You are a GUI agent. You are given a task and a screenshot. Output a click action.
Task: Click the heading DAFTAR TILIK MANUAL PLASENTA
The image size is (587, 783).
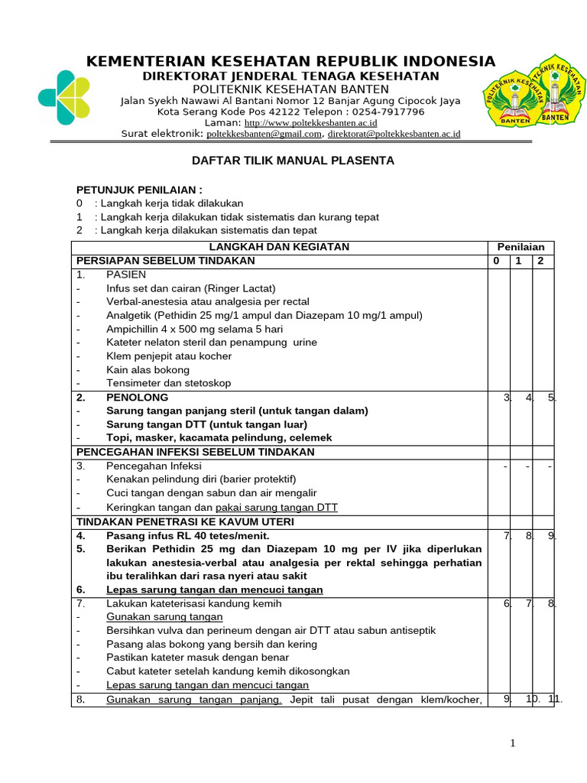coord(292,161)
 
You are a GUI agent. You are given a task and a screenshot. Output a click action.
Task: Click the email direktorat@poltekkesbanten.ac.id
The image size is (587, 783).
coord(394,134)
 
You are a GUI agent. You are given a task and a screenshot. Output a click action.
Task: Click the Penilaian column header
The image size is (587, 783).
coord(521,246)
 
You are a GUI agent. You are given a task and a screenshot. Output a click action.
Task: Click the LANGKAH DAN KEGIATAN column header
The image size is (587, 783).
coord(279,246)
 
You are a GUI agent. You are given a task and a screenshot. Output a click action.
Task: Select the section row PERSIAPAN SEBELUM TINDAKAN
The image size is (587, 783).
coord(165,260)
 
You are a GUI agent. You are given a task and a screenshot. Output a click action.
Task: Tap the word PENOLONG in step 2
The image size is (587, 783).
coord(138,398)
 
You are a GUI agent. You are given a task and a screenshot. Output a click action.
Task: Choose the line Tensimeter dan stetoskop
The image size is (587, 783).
coord(168,383)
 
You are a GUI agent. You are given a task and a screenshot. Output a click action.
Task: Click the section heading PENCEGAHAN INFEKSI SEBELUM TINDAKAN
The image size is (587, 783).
coord(195,452)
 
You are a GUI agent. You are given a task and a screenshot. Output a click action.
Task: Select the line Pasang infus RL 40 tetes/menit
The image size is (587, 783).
coord(187,535)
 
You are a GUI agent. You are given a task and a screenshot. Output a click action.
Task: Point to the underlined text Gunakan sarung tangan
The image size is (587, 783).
coord(164,616)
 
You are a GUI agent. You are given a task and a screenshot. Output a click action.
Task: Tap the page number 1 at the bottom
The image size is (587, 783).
coord(514,743)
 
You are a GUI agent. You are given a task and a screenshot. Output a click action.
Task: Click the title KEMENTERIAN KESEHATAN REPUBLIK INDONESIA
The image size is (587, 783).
coord(290,61)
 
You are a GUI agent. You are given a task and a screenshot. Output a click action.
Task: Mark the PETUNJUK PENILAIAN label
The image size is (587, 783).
coord(139,190)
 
